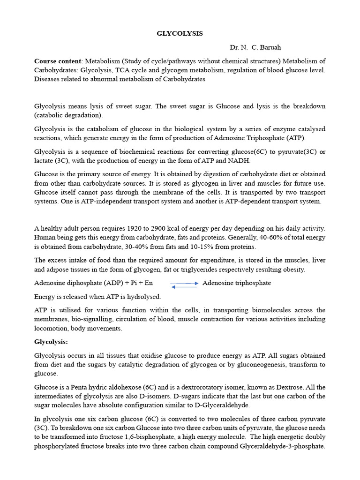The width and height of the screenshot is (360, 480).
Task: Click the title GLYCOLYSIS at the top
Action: tap(180, 34)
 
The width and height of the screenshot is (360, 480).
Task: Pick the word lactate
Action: tap(45, 161)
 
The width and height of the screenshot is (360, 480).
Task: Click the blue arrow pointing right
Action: tap(184, 283)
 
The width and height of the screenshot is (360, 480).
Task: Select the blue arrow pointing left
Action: tap(184, 287)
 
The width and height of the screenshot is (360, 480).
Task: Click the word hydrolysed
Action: tap(143, 297)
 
